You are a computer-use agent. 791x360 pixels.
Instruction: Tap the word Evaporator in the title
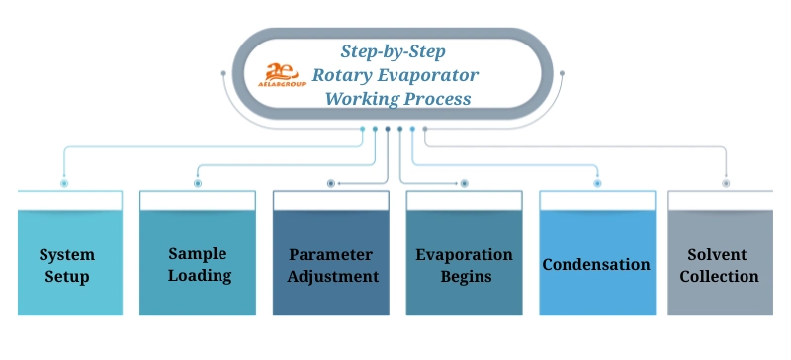[430, 74]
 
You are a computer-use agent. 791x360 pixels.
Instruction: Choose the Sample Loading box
[198, 264]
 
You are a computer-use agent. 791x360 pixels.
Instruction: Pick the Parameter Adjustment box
[330, 264]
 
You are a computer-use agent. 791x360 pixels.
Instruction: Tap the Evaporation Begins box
[464, 264]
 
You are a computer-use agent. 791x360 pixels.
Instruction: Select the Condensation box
[597, 264]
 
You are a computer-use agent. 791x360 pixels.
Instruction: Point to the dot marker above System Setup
[64, 183]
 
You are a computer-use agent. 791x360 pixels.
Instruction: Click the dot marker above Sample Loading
[198, 183]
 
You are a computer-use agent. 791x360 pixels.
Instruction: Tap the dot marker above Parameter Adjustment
[331, 183]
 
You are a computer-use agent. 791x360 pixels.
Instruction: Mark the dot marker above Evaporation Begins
[465, 183]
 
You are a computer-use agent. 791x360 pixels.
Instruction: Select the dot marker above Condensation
[597, 183]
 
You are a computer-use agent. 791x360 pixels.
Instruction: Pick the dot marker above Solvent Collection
[726, 183]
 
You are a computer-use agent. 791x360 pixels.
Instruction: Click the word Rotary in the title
[341, 74]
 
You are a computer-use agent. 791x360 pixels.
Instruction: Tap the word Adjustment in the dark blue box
[332, 276]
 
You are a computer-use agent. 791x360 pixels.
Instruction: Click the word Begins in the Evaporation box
[464, 276]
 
